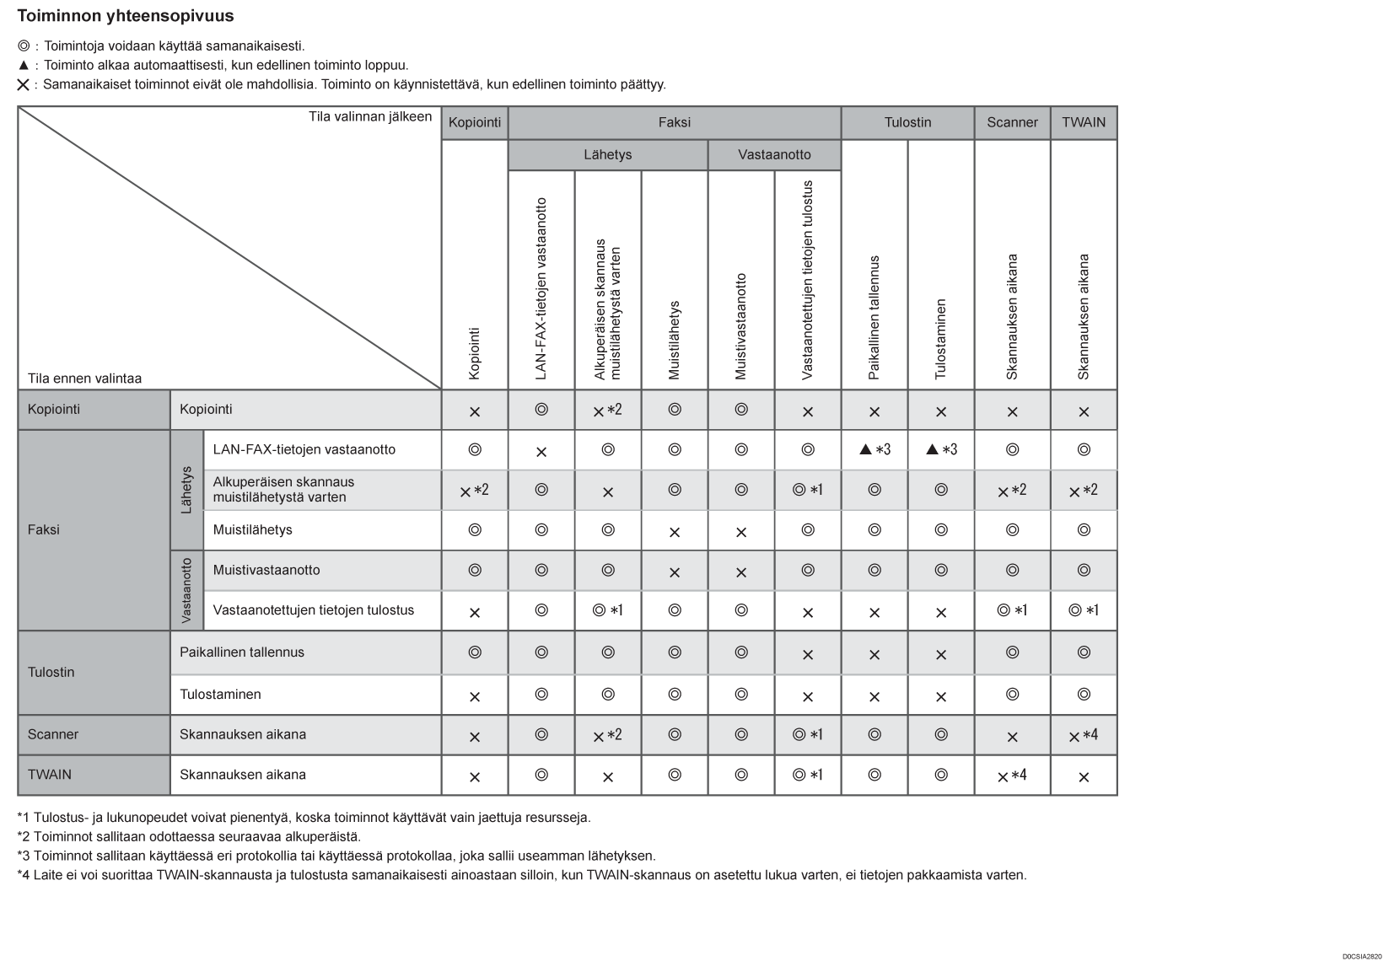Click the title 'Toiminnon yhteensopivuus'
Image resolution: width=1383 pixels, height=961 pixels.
[126, 16]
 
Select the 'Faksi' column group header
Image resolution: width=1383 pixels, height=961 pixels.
[674, 122]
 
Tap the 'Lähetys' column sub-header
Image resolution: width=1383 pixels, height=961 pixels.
[607, 155]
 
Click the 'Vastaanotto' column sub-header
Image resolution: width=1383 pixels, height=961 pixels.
[774, 155]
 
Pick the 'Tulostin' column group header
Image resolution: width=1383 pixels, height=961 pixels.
[907, 122]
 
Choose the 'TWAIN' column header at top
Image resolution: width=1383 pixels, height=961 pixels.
[1084, 122]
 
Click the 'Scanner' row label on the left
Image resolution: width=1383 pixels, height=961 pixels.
[53, 734]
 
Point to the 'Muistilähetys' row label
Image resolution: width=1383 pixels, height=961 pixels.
[252, 530]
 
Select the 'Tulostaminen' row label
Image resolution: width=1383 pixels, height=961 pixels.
[220, 695]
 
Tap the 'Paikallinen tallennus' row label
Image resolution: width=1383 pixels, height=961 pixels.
[241, 652]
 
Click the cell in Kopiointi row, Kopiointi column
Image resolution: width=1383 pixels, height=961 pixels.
[475, 411]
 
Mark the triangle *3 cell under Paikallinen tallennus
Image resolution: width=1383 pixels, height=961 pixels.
[874, 450]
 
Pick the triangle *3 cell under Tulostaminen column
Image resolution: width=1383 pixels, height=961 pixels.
[941, 450]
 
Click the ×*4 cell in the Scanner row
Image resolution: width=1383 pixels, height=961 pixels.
[1084, 736]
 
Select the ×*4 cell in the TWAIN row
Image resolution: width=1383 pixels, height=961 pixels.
[1012, 776]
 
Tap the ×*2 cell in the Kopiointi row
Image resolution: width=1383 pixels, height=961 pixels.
[607, 411]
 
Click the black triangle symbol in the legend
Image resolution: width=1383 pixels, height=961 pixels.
[24, 66]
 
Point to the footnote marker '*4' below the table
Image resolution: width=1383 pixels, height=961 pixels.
[24, 875]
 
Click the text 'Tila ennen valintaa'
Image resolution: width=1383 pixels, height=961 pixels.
[84, 378]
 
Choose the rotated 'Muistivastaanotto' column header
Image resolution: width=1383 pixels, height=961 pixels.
[741, 326]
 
